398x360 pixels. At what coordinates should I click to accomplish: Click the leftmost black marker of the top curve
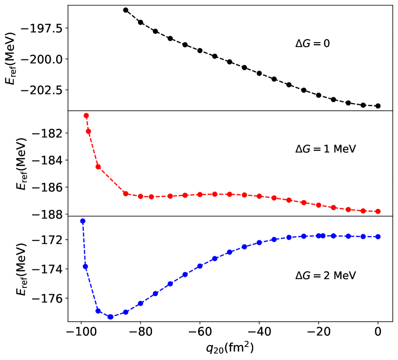click(125, 10)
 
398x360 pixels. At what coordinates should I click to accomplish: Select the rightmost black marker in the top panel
click(378, 106)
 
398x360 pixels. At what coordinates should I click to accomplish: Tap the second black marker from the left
click(140, 22)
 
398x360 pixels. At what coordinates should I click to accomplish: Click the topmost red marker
click(86, 116)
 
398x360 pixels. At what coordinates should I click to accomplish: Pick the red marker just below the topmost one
click(88, 131)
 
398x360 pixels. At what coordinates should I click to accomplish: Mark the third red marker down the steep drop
click(98, 167)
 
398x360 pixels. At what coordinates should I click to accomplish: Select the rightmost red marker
click(378, 211)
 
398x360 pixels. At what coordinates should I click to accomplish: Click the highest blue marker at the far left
click(83, 221)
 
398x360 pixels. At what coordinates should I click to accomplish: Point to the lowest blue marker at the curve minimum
click(110, 317)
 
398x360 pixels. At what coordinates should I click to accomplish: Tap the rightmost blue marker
click(378, 237)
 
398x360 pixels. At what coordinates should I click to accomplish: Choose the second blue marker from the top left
click(85, 267)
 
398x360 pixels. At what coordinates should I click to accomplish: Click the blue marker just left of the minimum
click(98, 311)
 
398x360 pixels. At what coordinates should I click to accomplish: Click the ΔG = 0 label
click(312, 44)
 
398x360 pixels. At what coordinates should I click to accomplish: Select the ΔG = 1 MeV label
click(325, 150)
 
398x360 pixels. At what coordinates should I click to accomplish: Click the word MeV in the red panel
click(344, 150)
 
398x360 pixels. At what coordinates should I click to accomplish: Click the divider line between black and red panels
click(230, 111)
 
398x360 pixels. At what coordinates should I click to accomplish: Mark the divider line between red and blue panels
click(230, 216)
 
